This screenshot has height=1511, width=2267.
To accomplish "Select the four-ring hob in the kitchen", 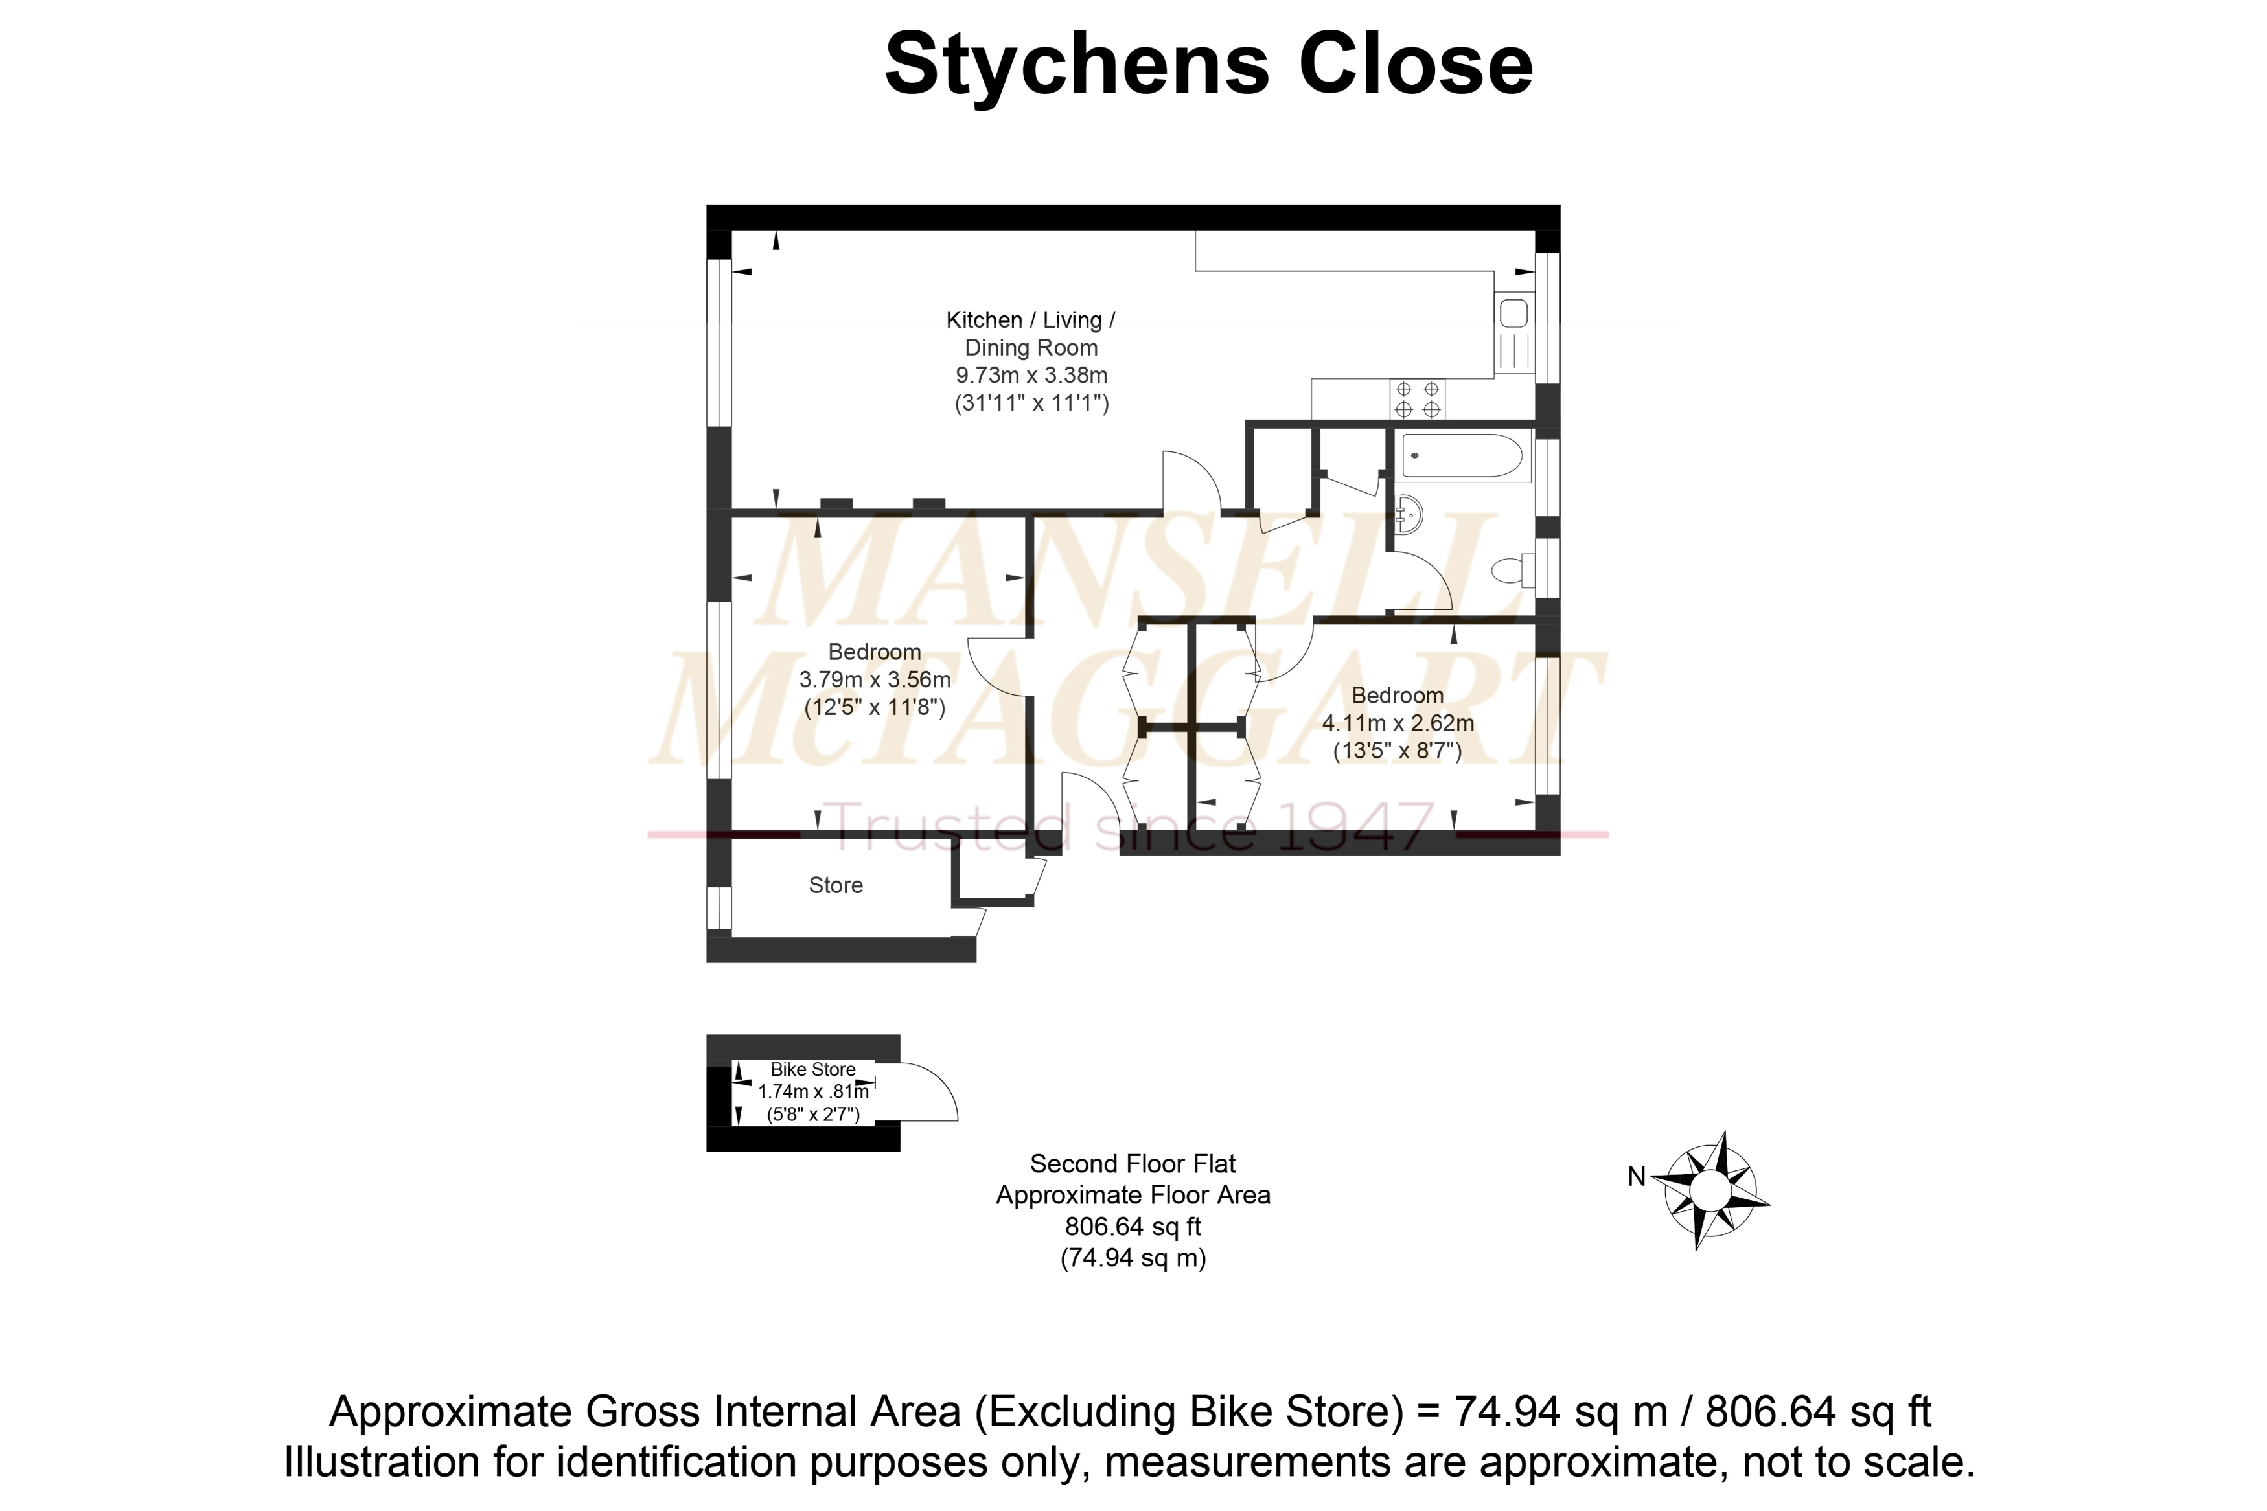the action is click(1417, 399).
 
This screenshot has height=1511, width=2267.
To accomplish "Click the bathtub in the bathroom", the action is click(1462, 456).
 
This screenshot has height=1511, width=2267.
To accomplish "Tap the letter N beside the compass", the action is click(1637, 1177).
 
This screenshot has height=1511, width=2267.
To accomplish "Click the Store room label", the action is click(836, 885).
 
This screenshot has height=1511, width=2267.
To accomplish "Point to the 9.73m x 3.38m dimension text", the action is click(1031, 375).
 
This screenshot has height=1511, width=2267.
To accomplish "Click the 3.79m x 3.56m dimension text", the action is click(875, 679).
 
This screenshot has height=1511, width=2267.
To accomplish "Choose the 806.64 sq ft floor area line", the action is click(1134, 1227).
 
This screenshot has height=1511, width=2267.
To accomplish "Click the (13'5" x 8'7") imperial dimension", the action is click(1398, 751).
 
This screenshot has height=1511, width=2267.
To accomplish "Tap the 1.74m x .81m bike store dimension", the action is click(814, 1092).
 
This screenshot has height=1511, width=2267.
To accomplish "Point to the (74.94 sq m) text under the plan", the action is click(1134, 1258).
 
